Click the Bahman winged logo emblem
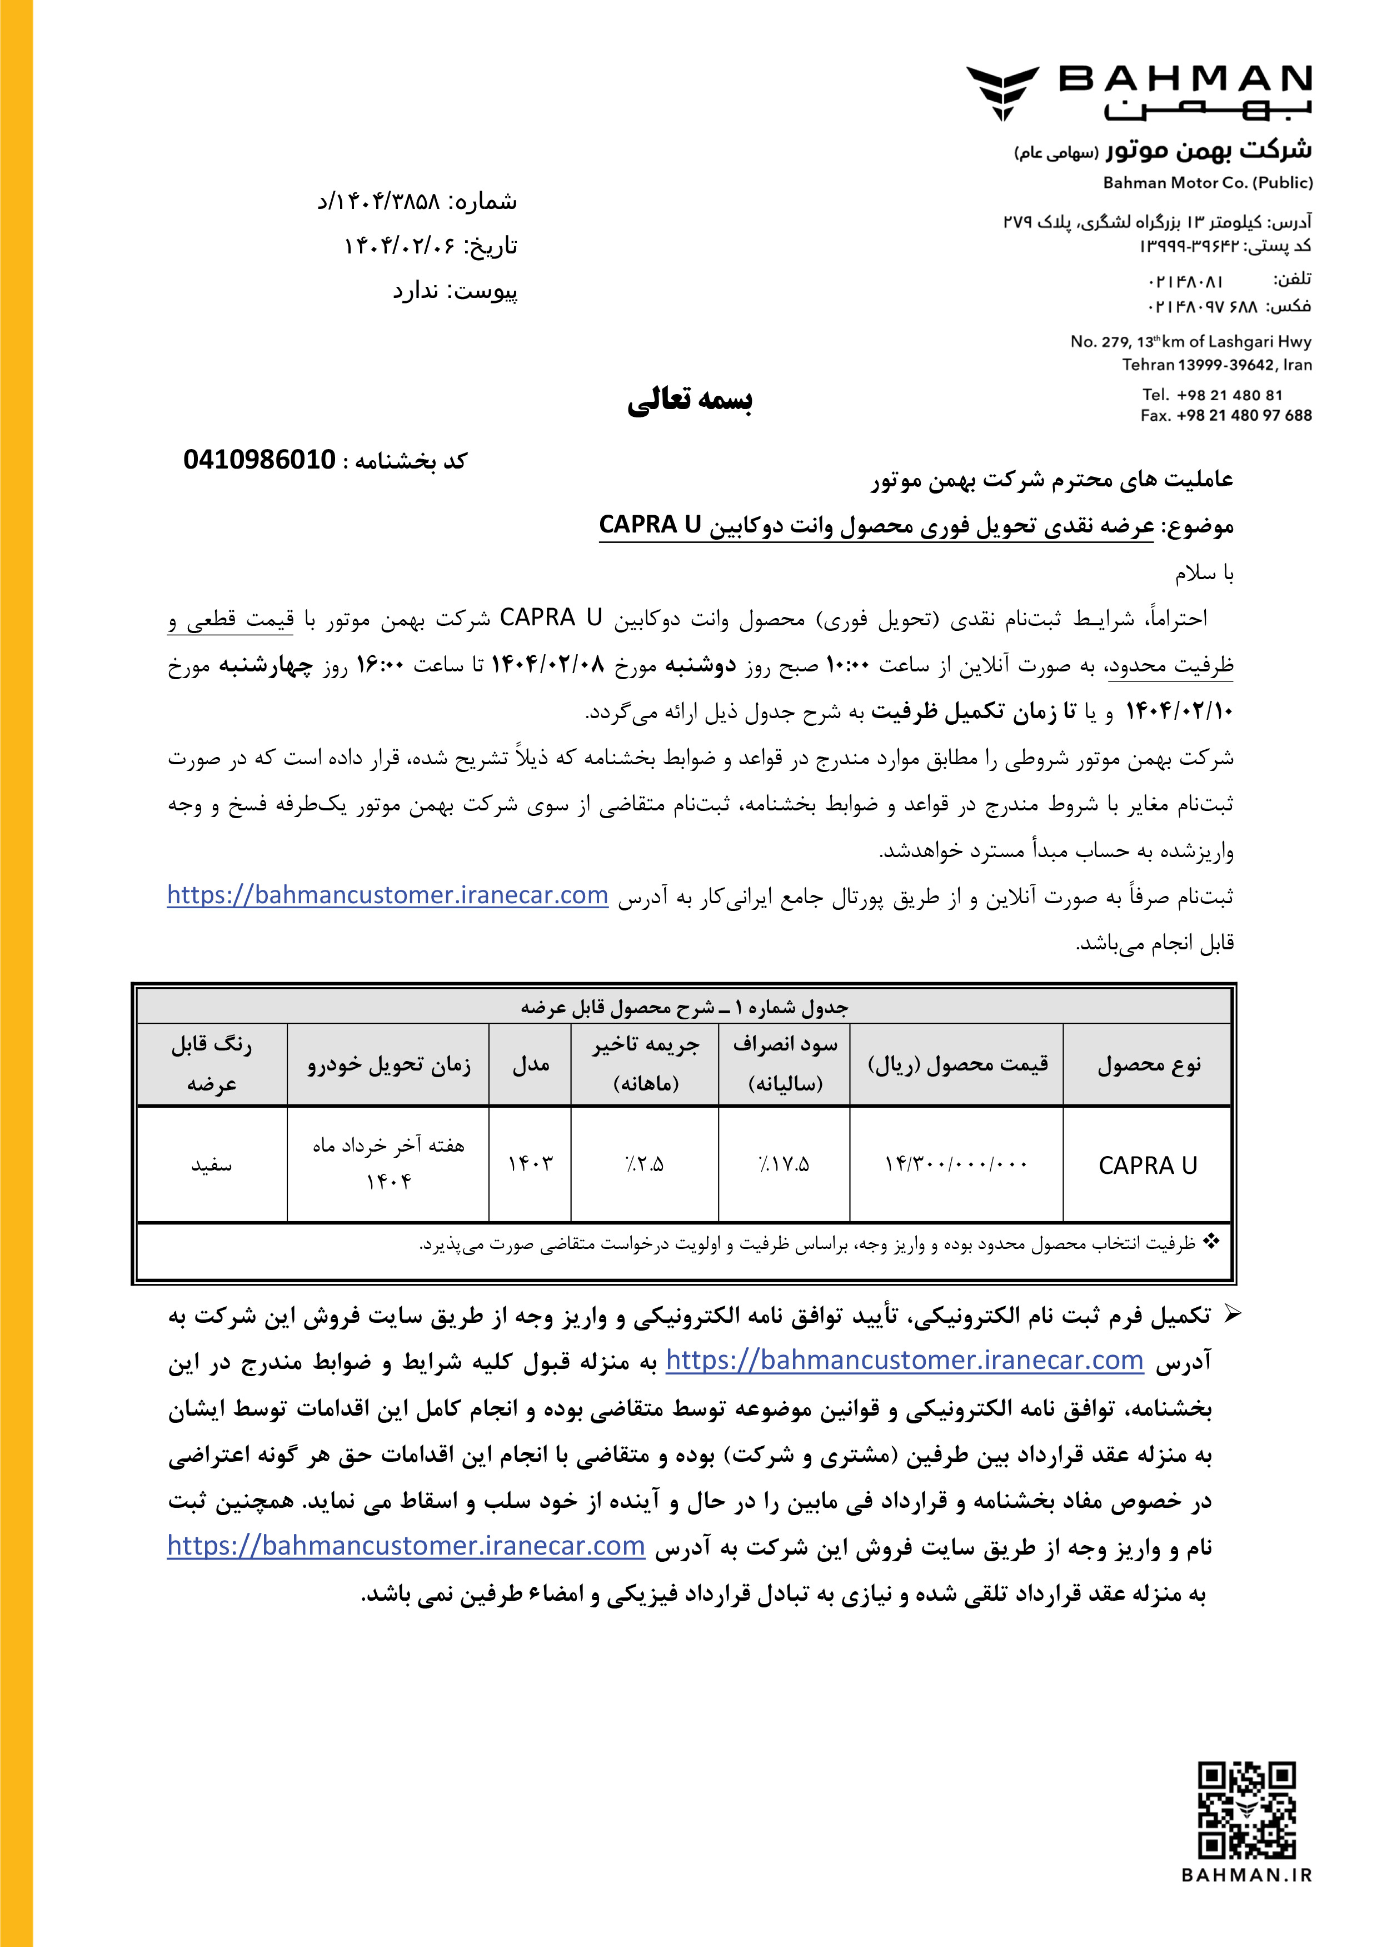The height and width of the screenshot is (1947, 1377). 1002,92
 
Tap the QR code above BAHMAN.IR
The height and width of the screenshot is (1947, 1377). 1246,1810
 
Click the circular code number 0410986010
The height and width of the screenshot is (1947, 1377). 260,460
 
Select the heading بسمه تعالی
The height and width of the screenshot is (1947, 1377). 690,400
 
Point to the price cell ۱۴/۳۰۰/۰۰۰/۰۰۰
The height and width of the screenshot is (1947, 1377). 956,1164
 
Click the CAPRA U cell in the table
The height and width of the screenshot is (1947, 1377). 1147,1165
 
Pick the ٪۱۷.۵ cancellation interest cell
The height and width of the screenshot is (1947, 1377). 784,1164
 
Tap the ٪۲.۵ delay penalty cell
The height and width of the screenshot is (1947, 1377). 645,1164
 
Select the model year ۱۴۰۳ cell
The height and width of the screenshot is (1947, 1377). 530,1164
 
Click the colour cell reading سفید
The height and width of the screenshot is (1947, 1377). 211,1165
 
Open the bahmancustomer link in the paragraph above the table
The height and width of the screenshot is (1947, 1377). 387,895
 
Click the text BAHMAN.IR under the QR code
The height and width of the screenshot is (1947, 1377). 1246,1875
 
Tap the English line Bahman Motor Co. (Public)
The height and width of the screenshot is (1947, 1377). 1208,182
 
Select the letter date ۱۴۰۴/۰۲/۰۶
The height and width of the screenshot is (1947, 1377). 395,246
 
